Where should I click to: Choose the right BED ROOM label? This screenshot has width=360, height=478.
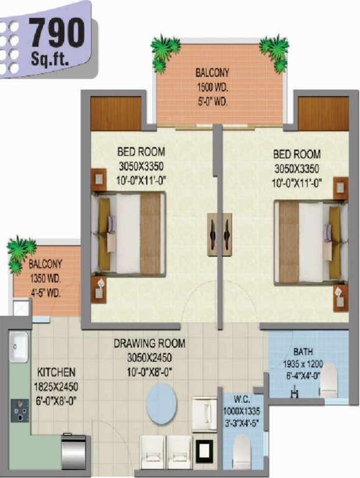pos(298,154)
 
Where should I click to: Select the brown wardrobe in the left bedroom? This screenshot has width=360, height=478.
pos(116,113)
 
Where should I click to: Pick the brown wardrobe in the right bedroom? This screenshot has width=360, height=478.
pos(323,113)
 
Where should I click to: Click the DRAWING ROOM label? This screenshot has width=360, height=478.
pos(149,344)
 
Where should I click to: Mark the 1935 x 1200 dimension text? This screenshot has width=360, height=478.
pos(298,366)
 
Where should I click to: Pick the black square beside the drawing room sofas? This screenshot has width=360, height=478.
pos(204,449)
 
